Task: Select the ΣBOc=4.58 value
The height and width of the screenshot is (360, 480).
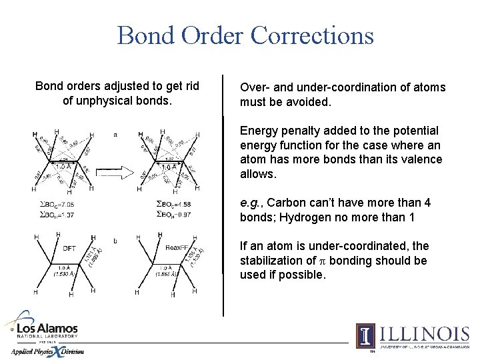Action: [x=173, y=204]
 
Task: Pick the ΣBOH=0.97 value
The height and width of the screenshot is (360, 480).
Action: [x=173, y=214]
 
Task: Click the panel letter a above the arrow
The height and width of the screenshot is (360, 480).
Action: [x=115, y=134]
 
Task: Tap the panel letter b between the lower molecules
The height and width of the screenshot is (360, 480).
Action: [x=115, y=240]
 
